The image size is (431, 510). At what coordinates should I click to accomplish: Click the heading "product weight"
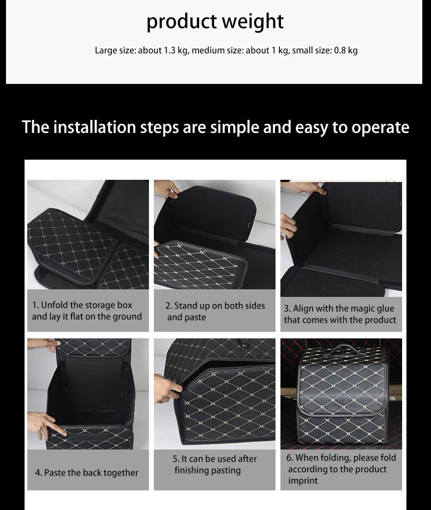click(215, 22)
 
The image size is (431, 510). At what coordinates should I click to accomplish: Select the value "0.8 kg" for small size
click(346, 51)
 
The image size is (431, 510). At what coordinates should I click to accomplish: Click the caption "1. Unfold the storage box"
click(82, 305)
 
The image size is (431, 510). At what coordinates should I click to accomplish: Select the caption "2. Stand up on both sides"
click(215, 306)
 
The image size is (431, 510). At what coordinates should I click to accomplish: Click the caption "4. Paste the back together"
click(87, 472)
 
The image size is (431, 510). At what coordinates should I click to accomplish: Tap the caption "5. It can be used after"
click(215, 459)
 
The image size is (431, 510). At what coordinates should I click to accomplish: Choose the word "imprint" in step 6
click(303, 481)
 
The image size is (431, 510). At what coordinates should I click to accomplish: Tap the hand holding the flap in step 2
click(166, 189)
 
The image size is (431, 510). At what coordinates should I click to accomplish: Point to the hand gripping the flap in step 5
click(166, 388)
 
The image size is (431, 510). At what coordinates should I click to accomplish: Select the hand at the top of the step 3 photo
click(303, 188)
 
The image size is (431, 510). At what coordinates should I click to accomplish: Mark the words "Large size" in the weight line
click(115, 51)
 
